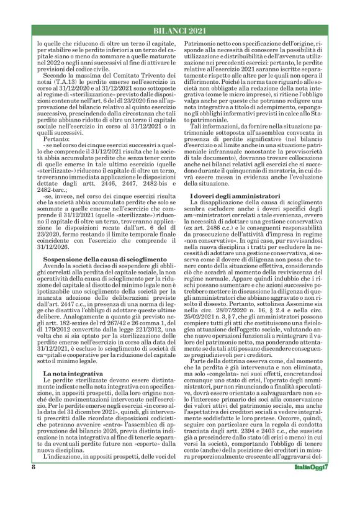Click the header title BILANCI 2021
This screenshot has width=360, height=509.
pyautogui.click(x=179, y=31)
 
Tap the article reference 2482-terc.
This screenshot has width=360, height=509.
pyautogui.click(x=52, y=192)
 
